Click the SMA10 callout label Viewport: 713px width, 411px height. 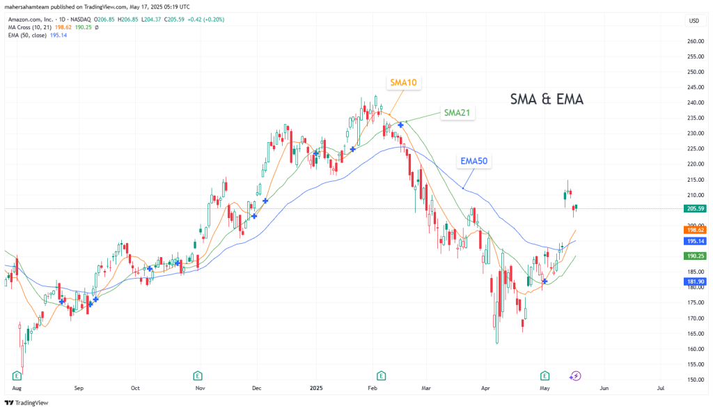pos(404,82)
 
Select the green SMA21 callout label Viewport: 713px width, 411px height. pos(457,112)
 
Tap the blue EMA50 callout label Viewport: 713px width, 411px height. pos(473,161)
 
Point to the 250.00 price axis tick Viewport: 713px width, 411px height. pos(694,72)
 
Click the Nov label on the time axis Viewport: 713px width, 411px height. pos(200,387)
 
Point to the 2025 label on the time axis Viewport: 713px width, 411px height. pos(316,387)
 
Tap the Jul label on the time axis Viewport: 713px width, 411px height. pos(660,387)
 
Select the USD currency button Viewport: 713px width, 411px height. pos(694,21)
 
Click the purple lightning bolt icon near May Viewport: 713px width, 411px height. pos(575,376)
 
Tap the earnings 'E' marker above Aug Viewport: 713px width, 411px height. pos(17,375)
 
